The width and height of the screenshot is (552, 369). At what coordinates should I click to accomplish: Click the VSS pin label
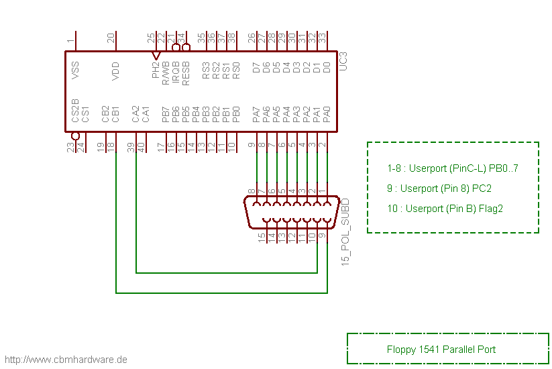click(75, 70)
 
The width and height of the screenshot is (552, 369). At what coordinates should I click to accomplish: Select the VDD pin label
click(115, 70)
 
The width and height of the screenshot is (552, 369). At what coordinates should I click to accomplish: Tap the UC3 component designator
click(343, 62)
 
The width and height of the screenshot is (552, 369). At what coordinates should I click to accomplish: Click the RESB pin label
click(186, 72)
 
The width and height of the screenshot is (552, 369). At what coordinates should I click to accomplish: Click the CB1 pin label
click(115, 114)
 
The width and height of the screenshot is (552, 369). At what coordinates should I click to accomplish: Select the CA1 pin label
click(146, 114)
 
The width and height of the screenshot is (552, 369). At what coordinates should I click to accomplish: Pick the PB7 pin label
click(166, 114)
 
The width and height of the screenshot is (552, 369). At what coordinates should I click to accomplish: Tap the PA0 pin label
click(327, 114)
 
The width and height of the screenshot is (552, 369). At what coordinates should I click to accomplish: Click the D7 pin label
click(256, 68)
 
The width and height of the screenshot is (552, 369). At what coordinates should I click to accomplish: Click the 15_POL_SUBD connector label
click(345, 231)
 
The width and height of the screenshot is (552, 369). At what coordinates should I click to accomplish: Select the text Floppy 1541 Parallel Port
click(441, 349)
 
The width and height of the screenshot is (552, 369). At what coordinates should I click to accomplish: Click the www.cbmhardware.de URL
click(65, 360)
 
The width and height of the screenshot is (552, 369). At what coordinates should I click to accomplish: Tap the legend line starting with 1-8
click(453, 168)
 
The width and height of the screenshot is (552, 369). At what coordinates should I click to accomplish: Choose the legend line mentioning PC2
click(439, 189)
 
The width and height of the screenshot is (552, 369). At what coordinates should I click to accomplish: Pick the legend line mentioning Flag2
click(445, 209)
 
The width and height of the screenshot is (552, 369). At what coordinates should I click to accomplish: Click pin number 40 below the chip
click(141, 146)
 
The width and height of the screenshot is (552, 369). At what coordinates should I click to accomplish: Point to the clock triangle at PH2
click(156, 55)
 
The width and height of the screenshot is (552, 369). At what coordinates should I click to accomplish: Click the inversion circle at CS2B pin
click(75, 136)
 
